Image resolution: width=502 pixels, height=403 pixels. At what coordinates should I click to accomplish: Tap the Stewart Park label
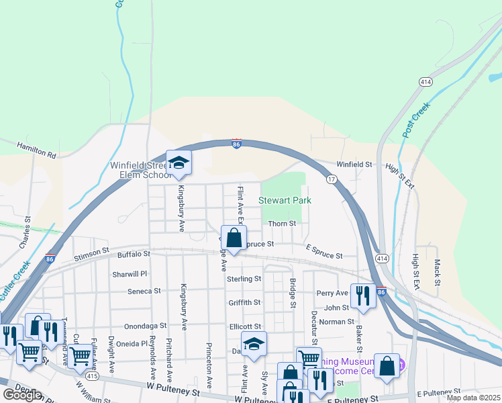285,200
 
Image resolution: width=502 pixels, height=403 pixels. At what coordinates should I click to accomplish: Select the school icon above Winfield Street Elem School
179,163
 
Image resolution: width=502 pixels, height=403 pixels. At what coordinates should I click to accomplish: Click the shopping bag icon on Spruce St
234,238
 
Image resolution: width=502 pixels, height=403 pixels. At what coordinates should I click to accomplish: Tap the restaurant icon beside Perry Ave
363,296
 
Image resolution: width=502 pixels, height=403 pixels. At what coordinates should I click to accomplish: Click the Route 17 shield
332,179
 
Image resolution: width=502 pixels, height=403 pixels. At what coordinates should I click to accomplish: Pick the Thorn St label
282,224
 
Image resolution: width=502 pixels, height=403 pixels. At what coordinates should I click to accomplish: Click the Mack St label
438,271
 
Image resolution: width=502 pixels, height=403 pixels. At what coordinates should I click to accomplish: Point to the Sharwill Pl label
130,274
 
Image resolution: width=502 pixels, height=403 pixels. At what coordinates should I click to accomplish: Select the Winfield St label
354,164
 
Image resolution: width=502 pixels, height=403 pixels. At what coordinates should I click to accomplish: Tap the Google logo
22,395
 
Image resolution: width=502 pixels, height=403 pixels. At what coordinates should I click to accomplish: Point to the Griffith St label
244,303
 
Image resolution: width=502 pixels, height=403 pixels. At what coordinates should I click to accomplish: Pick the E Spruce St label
324,256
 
